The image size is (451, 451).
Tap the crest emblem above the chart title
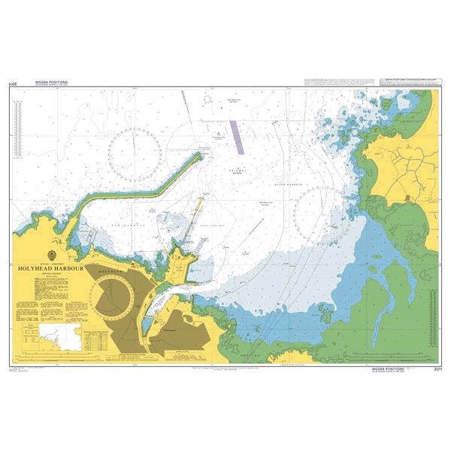tap(49, 255)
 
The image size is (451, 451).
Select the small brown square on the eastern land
tap(407, 196)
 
